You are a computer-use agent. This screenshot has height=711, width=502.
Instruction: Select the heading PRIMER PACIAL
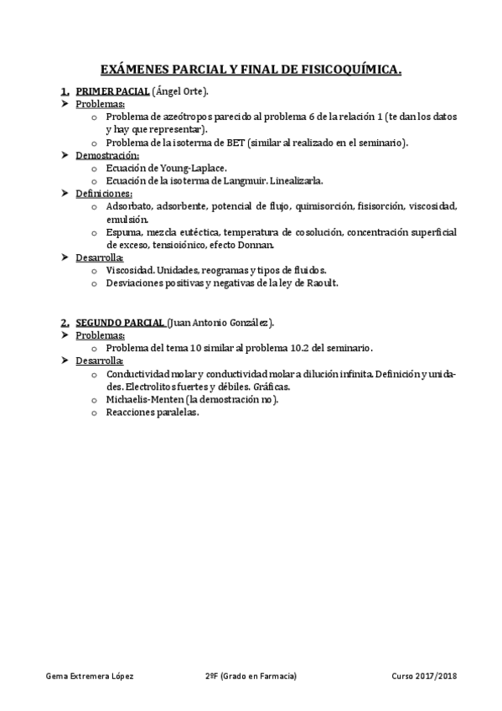click(x=113, y=91)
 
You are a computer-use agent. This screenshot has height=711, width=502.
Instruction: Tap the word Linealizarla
click(x=292, y=180)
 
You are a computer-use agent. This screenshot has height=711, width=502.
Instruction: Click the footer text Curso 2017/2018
click(x=424, y=675)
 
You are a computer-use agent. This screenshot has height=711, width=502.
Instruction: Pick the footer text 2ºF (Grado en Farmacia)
click(x=251, y=675)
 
